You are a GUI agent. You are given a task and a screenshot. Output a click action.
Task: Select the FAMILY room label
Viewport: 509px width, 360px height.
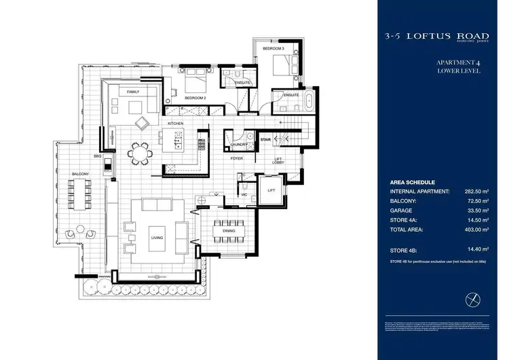tap(133, 91)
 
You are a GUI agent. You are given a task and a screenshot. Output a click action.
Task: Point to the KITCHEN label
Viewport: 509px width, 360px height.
tap(176, 123)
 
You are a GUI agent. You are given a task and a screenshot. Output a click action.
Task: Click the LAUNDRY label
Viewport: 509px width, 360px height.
tap(238, 145)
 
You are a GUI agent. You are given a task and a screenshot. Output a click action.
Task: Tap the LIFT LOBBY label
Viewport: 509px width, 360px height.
tap(278, 162)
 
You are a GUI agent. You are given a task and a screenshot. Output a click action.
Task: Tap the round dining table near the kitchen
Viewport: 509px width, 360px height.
tap(140, 154)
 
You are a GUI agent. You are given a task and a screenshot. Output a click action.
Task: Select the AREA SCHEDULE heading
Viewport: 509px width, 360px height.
tap(412, 183)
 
